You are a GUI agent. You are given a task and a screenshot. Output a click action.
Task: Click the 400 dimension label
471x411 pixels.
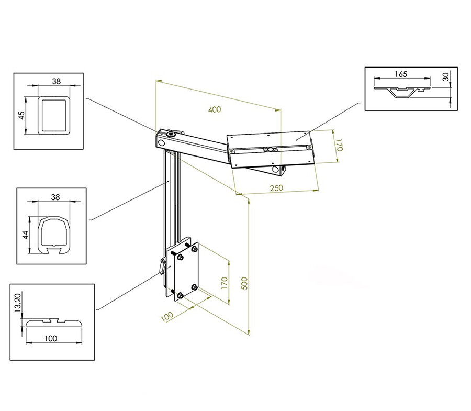click(215, 110)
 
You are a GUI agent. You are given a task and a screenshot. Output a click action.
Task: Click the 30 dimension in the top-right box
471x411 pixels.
click(446, 76)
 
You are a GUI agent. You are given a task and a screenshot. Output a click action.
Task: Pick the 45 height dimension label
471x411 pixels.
click(22, 116)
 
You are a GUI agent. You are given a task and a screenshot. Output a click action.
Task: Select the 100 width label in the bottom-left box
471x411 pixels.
click(50, 338)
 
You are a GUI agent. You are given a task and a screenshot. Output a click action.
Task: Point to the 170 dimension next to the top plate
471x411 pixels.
click(339, 145)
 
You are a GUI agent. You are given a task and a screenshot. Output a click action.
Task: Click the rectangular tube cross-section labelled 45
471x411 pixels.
click(54, 115)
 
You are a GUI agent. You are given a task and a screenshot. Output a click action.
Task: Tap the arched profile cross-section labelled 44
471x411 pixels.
click(54, 235)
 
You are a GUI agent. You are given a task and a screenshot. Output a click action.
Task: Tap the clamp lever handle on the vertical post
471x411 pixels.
click(162, 266)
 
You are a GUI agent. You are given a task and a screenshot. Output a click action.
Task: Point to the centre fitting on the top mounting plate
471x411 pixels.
click(270, 149)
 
